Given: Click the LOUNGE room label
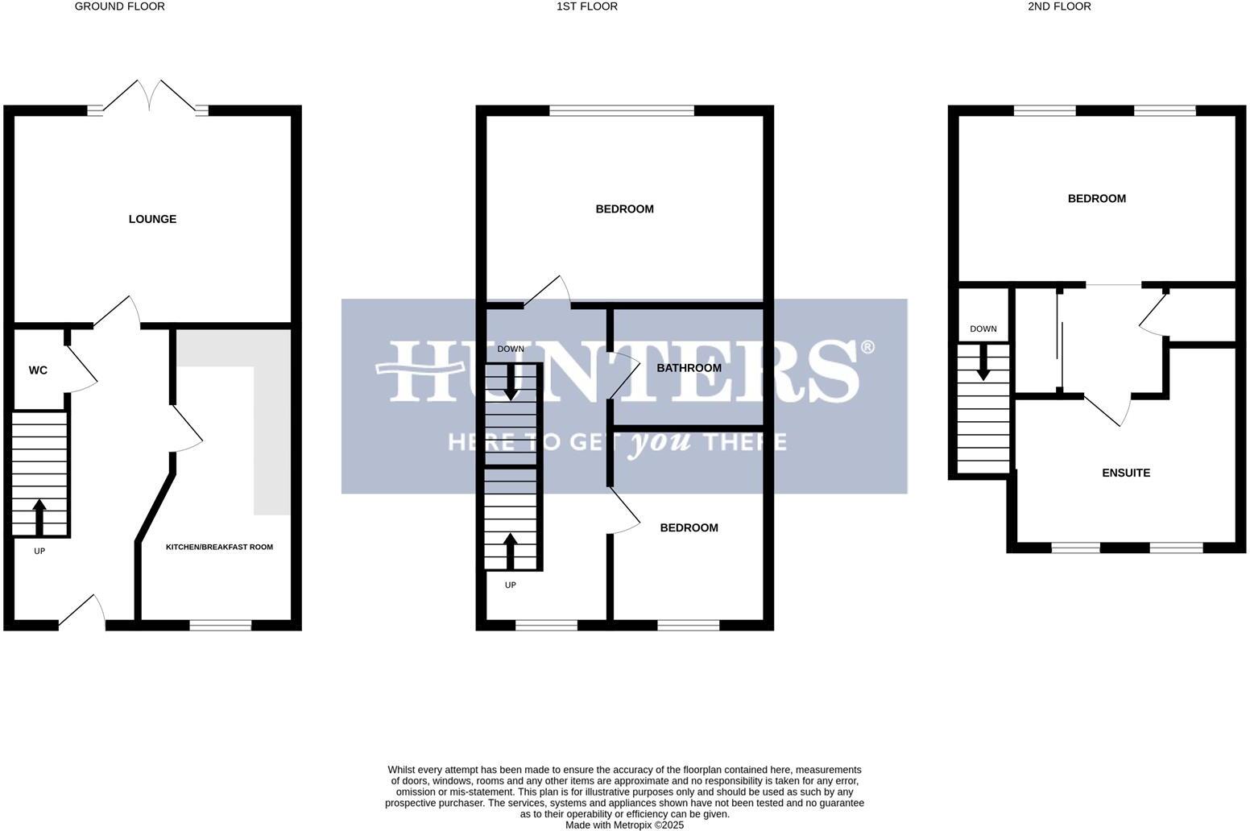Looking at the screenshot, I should (x=152, y=219).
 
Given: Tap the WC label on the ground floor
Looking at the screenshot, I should (x=38, y=370).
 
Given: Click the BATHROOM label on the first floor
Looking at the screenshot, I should (x=689, y=368).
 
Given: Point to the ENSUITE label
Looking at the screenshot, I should (x=1125, y=473).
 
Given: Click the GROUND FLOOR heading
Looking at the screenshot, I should (x=119, y=6).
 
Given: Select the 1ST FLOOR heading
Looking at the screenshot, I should (x=586, y=6).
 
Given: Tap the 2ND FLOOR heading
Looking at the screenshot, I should (x=1059, y=6).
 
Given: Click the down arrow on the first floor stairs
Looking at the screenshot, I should (x=511, y=382).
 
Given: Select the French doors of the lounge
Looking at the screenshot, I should (x=148, y=97).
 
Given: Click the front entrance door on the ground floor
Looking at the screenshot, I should (x=82, y=612).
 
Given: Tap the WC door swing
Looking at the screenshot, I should (x=81, y=370).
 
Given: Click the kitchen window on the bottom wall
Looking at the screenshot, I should (x=220, y=625).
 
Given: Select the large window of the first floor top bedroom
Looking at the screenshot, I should (x=622, y=110).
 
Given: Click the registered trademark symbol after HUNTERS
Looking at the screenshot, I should (x=867, y=348).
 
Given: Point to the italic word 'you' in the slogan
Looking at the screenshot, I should (x=659, y=442).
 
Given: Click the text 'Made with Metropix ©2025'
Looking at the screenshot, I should (x=624, y=825).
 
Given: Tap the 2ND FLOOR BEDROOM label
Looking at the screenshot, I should (x=1096, y=199).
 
